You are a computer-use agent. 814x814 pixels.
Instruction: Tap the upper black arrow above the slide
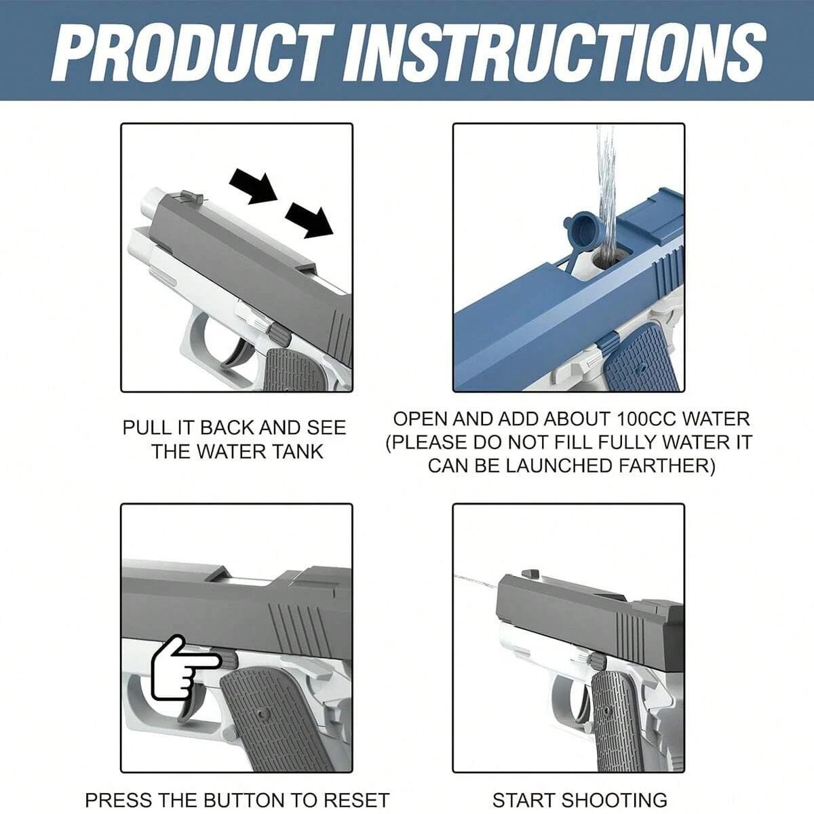coord(254,185)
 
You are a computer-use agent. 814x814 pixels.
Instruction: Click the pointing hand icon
coord(182,668)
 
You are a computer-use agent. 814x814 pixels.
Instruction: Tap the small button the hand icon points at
coord(230,659)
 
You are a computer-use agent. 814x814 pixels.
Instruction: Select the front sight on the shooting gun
coord(531,574)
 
